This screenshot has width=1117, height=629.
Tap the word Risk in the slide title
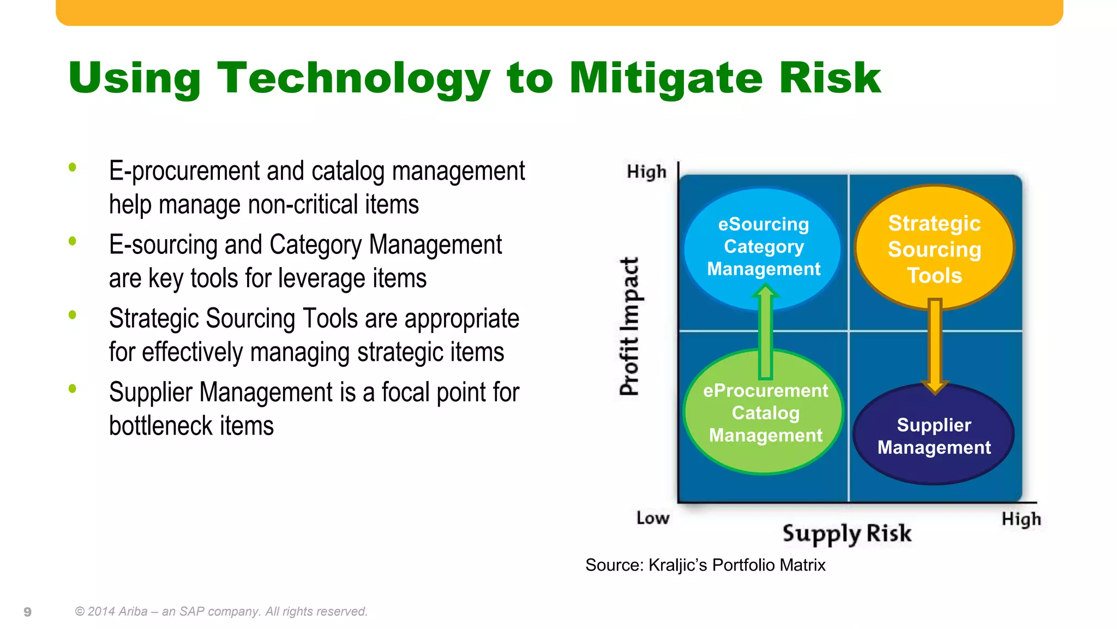pyautogui.click(x=829, y=78)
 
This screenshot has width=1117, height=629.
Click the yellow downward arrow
pyautogui.click(x=935, y=344)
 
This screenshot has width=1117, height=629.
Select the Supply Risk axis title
pyautogui.click(x=846, y=533)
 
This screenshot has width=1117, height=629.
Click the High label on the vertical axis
pyautogui.click(x=646, y=172)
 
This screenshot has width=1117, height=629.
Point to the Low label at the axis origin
pyautogui.click(x=652, y=518)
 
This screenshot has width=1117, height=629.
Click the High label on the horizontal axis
pyautogui.click(x=1021, y=519)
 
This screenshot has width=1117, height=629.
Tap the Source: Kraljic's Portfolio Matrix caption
pyautogui.click(x=705, y=565)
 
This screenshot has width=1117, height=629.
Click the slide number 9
pyautogui.click(x=27, y=612)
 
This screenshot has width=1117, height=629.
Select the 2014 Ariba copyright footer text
pyautogui.click(x=221, y=612)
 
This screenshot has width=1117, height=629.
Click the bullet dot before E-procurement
pyautogui.click(x=73, y=168)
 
